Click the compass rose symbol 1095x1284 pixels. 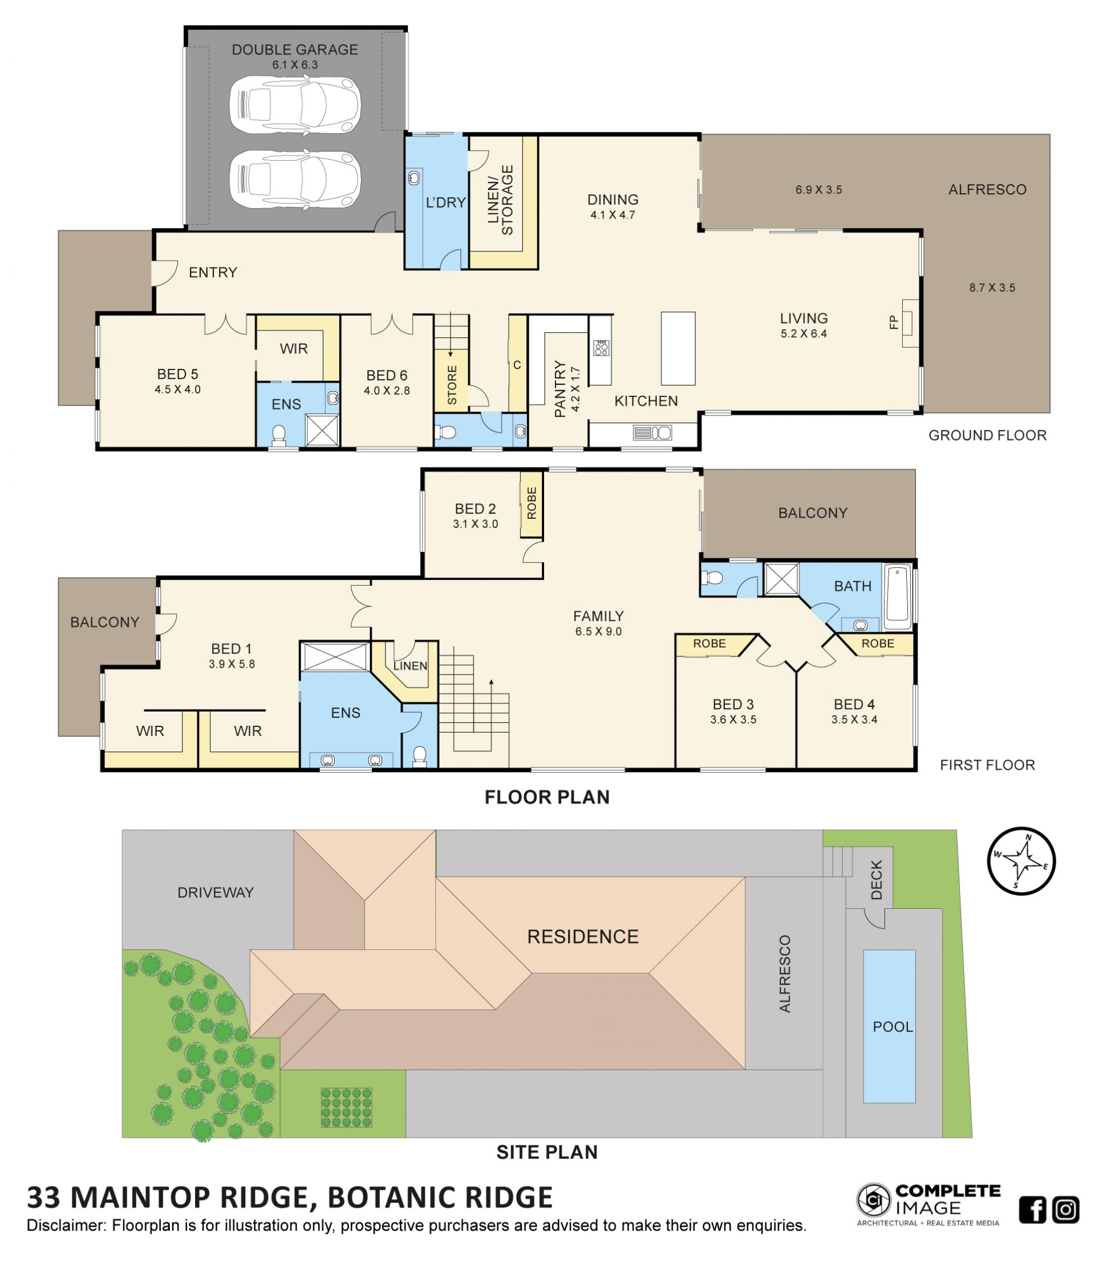click(x=1021, y=861)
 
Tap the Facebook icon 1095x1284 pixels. click(x=1032, y=1210)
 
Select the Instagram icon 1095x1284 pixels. click(x=1065, y=1210)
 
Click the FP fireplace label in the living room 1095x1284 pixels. click(x=893, y=322)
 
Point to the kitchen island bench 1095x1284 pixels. click(x=678, y=348)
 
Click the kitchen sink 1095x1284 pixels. click(x=652, y=433)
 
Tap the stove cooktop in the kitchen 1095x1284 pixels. click(x=601, y=348)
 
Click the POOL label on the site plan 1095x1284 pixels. click(x=893, y=1027)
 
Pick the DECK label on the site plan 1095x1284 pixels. click(x=875, y=880)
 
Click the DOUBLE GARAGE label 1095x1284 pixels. click(x=295, y=50)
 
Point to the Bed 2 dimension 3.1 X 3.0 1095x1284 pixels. click(x=475, y=523)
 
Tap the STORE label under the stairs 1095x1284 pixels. click(x=452, y=385)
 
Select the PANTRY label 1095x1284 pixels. click(x=559, y=388)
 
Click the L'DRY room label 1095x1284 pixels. click(x=445, y=202)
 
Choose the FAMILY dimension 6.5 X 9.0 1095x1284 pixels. click(x=598, y=632)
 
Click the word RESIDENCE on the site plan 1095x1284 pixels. click(x=582, y=936)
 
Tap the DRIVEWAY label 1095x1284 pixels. click(x=216, y=892)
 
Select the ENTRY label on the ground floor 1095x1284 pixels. click(x=213, y=272)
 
